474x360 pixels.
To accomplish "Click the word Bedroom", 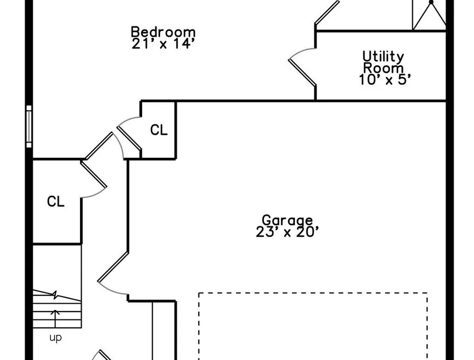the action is (x=163, y=32).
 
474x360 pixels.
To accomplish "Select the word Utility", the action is (x=383, y=57).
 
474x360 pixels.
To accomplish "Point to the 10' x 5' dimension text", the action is (x=385, y=79).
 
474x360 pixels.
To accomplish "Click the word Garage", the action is (x=287, y=221).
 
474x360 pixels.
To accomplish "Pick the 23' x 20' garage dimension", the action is (x=287, y=232).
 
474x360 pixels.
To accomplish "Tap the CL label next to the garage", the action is (x=159, y=130).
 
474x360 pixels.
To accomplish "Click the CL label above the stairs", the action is (x=56, y=202).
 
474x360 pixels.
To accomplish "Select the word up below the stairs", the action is (x=56, y=338).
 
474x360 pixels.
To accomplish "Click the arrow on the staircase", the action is (x=55, y=318).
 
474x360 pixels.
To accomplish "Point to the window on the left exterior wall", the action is (x=29, y=126).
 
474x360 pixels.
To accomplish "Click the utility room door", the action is (x=302, y=72).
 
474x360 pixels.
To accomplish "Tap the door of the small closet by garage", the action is (x=129, y=138).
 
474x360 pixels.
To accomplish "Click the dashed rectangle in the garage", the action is (x=313, y=293).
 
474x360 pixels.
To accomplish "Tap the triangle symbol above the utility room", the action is (x=430, y=15).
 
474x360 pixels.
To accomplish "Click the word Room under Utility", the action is (x=383, y=68).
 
